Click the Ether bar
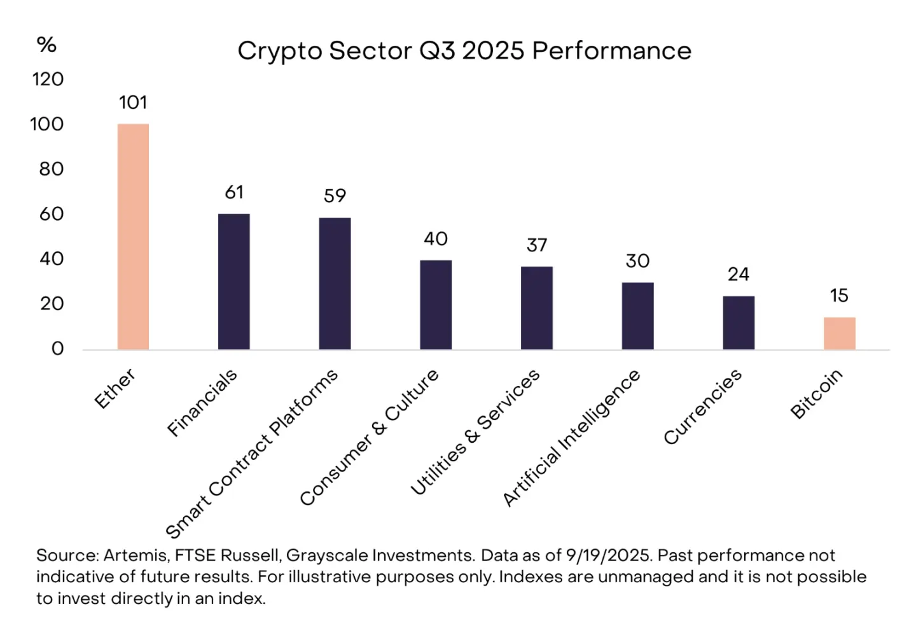133,237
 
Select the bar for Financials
233,281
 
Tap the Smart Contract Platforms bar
335,284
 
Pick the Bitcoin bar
839,333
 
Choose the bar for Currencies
739,323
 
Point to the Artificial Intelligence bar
637,316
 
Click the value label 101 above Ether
133,102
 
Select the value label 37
537,245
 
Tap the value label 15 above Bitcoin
839,295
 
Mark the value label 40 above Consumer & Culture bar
436,239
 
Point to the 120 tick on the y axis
48,80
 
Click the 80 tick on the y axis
51,169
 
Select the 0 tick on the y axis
57,349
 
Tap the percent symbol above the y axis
46,45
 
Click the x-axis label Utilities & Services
475,432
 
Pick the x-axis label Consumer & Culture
370,437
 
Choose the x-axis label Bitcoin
816,394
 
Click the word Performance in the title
611,51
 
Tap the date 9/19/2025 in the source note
608,555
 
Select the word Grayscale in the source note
327,555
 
